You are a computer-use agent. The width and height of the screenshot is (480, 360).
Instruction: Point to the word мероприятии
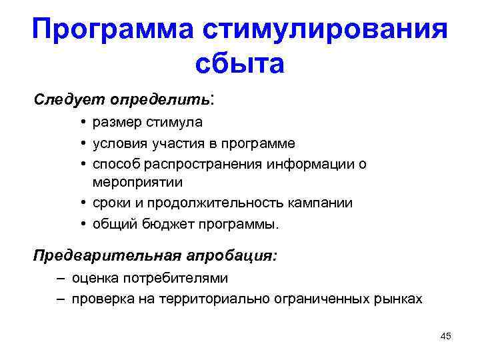coord(147,181)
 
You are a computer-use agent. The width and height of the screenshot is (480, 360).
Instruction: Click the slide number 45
coord(445,337)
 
